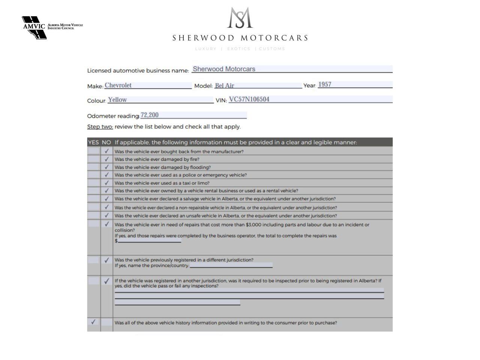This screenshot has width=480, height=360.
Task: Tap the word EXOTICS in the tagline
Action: (238, 49)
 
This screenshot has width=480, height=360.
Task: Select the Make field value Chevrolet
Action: (118, 85)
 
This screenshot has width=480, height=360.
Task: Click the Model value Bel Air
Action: (224, 85)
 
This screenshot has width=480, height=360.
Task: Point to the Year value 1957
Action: (325, 84)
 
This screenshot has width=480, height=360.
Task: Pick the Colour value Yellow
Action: (117, 100)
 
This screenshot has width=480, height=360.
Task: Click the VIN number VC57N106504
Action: (249, 99)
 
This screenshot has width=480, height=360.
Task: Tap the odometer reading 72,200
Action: (150, 115)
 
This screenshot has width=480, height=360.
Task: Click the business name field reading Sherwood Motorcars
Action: (224, 69)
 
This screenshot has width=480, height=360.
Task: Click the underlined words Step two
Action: (100, 127)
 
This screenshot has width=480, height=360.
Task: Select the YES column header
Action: (93, 142)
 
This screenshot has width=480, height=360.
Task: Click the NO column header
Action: (106, 142)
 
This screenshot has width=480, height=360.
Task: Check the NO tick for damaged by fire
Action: (107, 159)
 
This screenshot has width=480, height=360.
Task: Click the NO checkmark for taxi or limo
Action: (107, 183)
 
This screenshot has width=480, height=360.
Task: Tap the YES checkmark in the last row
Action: (93, 322)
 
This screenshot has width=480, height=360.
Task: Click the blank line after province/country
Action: (231, 265)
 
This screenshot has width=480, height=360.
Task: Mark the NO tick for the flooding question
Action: (107, 167)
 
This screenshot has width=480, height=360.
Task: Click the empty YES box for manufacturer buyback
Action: (93, 151)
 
